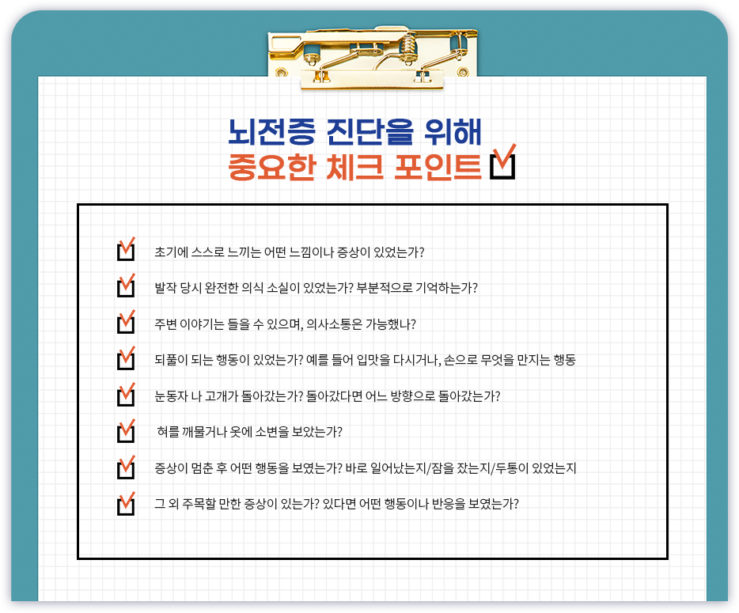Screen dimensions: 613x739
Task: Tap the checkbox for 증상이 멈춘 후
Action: coord(125,468)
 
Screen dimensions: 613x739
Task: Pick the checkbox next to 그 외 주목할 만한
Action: coord(125,504)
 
